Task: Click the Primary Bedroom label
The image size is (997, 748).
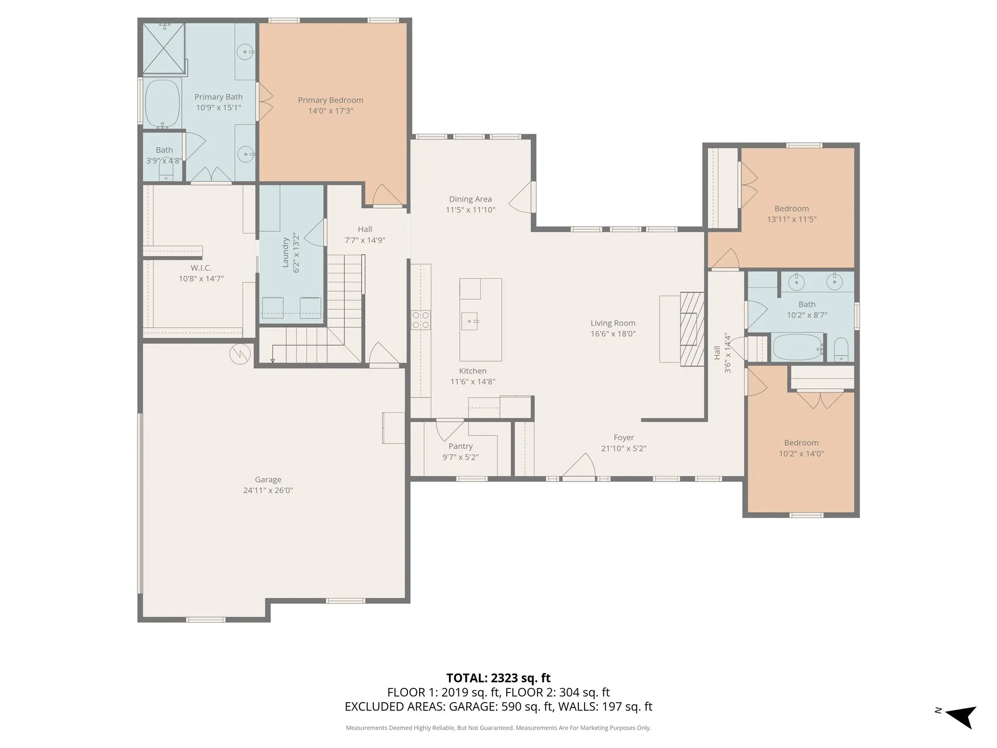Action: tap(331, 100)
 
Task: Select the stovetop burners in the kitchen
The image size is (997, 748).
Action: tap(421, 320)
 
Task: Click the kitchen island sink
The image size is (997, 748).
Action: tap(470, 321)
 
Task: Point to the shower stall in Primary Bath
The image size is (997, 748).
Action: tap(164, 49)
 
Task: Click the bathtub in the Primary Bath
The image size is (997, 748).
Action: tap(163, 104)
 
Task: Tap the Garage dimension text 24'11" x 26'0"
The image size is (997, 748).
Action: tap(268, 490)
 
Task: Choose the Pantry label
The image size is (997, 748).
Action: tap(461, 446)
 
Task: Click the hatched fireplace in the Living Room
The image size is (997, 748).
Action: tap(692, 329)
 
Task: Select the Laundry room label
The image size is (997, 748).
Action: tap(286, 252)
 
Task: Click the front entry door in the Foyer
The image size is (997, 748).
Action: tap(578, 467)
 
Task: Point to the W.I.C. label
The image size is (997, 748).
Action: tap(201, 268)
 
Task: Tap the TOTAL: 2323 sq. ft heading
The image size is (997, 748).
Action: tap(498, 678)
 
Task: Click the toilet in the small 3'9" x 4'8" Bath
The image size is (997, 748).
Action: tap(166, 173)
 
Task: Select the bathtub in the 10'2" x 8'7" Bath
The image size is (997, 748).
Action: tap(797, 347)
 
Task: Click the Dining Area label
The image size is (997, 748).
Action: tap(470, 199)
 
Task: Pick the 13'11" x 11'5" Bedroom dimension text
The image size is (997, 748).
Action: tap(792, 219)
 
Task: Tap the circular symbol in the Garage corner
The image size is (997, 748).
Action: tap(240, 354)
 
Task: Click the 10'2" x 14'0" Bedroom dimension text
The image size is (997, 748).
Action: tap(801, 453)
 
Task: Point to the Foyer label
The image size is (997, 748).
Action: tap(624, 437)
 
